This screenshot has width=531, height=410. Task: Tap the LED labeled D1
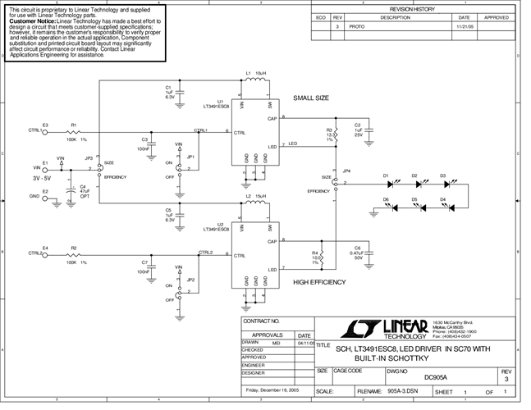[386, 183]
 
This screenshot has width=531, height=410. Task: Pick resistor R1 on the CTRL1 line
[73, 131]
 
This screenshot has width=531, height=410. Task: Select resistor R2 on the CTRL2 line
[73, 254]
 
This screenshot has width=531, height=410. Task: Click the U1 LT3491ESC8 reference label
[210, 105]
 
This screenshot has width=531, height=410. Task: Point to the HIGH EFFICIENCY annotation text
[318, 282]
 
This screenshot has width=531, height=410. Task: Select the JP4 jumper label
[347, 171]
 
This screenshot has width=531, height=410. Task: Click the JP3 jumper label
[89, 157]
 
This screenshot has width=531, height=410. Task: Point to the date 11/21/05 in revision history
[464, 26]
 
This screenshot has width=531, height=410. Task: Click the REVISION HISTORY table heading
[417, 7]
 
